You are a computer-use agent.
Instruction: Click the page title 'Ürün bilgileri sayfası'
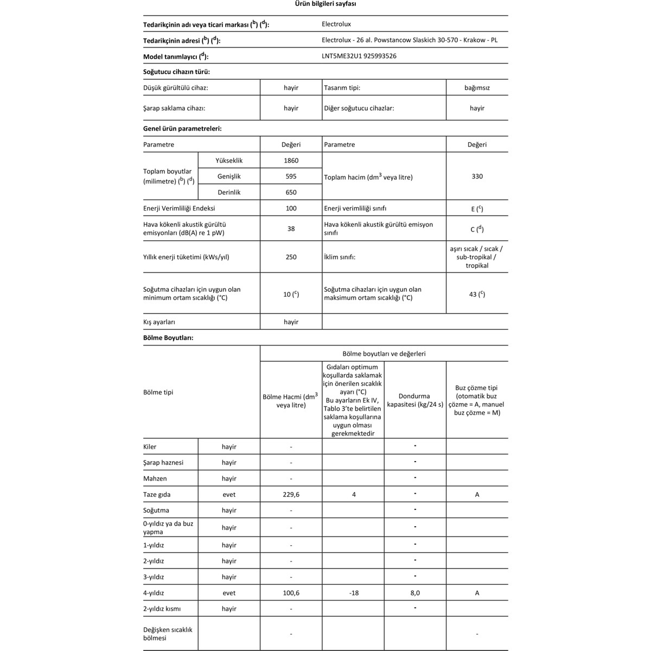point(325,4)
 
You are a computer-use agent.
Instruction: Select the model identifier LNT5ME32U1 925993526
point(359,56)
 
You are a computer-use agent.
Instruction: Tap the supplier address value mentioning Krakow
point(410,40)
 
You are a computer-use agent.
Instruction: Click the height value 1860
point(291,161)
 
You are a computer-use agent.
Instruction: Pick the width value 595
point(291,176)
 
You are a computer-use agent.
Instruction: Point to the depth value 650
point(291,192)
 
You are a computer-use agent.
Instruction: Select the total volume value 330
point(477,176)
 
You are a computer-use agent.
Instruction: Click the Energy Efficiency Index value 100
point(291,208)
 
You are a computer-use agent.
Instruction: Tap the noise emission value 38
point(291,228)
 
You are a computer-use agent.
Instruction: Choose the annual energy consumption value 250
point(291,257)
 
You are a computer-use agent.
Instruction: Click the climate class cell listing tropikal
point(477,257)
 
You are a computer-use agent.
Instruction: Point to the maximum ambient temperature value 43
point(477,294)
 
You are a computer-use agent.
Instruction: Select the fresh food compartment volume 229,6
point(291,494)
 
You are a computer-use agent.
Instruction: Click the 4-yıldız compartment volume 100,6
point(291,593)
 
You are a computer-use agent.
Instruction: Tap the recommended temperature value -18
point(354,593)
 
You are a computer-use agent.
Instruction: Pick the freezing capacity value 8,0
point(415,593)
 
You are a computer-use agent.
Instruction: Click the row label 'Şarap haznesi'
point(163,463)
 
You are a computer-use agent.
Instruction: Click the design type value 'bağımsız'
point(477,87)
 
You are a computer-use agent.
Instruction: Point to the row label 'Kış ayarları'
point(159,322)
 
